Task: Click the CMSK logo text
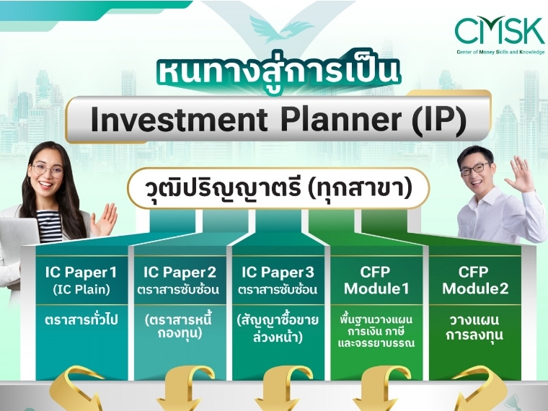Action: click(x=500, y=30)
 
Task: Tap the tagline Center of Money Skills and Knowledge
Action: click(x=500, y=52)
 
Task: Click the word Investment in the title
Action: click(x=179, y=119)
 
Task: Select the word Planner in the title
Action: click(x=342, y=119)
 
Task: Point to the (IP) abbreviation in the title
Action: click(x=440, y=120)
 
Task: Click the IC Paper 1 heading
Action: click(x=81, y=273)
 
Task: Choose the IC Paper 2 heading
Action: click(x=180, y=273)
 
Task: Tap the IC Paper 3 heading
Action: click(x=278, y=273)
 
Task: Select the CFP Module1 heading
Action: click(x=376, y=280)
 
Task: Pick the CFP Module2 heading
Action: click(x=475, y=280)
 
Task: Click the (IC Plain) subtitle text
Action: click(x=81, y=289)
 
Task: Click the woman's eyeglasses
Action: click(x=47, y=170)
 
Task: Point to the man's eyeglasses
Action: click(x=475, y=169)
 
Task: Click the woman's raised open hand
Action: click(x=104, y=219)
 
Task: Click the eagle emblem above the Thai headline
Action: click(x=279, y=29)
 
